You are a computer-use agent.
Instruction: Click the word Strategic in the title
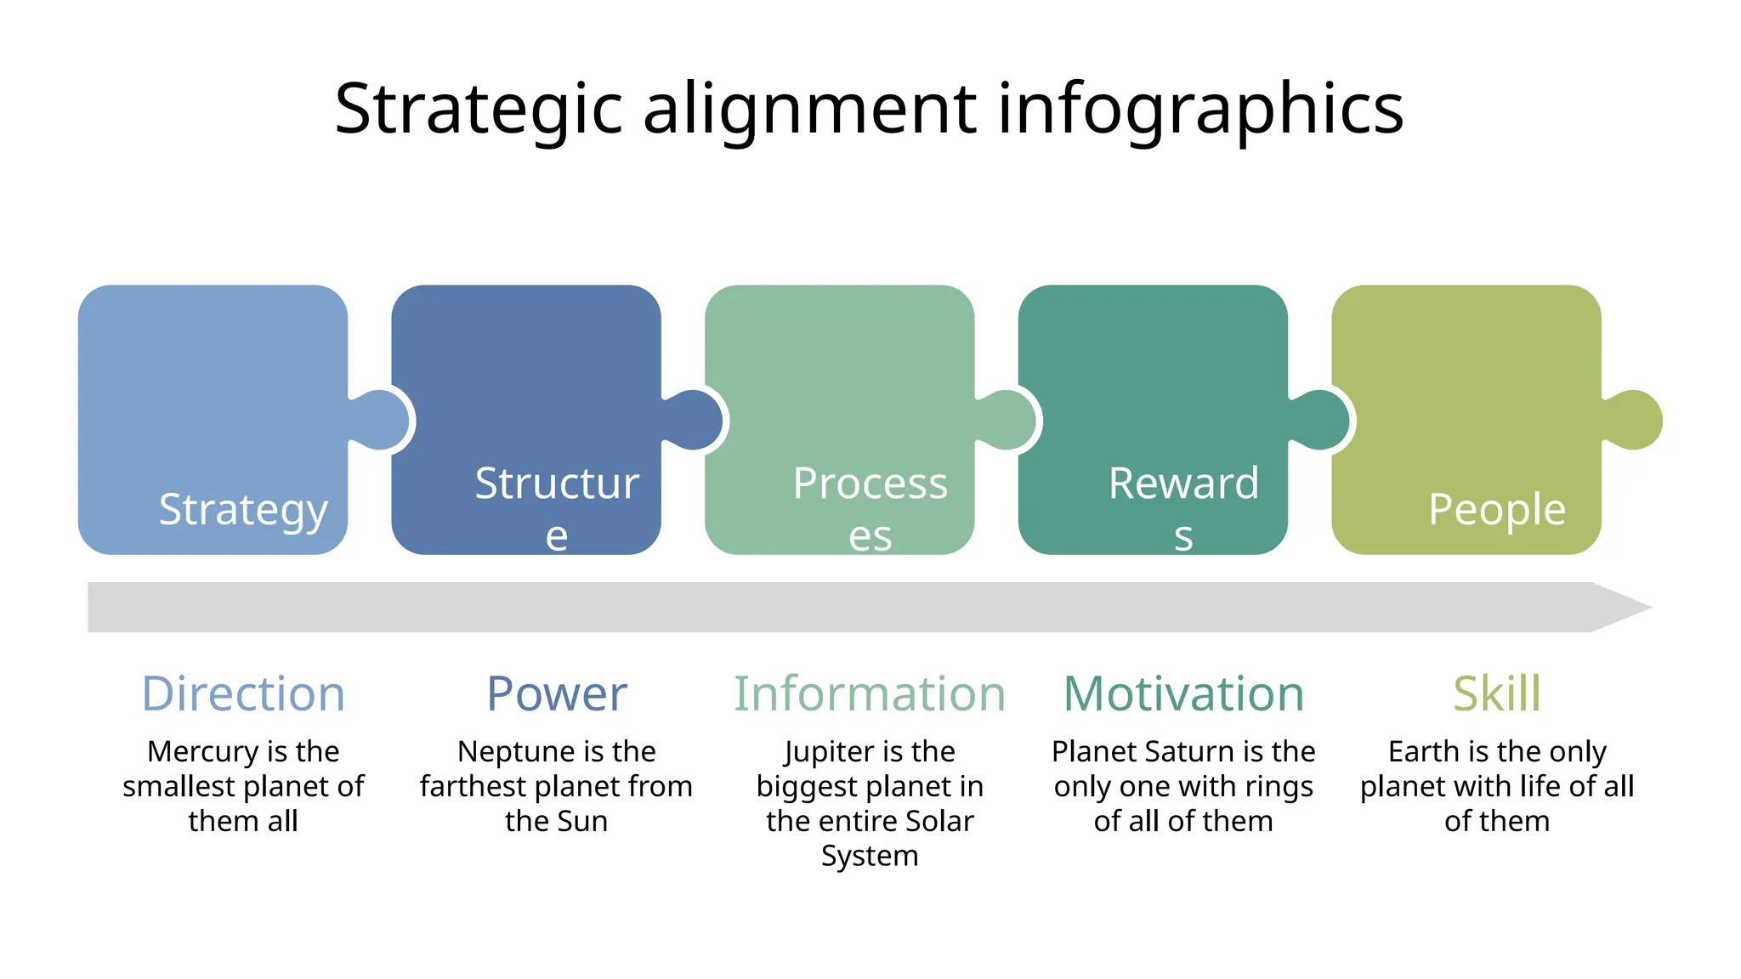pyautogui.click(x=479, y=109)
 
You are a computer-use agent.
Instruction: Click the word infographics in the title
pyautogui.click(x=1199, y=109)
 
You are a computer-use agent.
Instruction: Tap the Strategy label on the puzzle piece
pyautogui.click(x=243, y=510)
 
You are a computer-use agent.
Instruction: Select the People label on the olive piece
pyautogui.click(x=1496, y=510)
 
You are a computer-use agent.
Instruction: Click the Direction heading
pyautogui.click(x=243, y=693)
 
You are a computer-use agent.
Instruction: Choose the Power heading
pyautogui.click(x=556, y=693)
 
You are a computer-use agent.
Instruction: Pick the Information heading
pyautogui.click(x=870, y=693)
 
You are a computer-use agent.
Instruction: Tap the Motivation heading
pyautogui.click(x=1183, y=693)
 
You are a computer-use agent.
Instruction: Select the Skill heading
pyautogui.click(x=1496, y=693)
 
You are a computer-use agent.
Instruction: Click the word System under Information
pyautogui.click(x=870, y=856)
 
